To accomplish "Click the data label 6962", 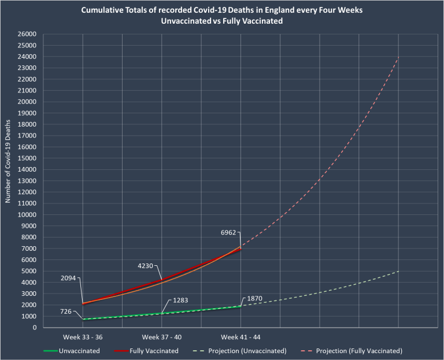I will (229, 232).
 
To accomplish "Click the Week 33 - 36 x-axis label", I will (83, 337).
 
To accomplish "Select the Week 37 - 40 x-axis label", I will (162, 337).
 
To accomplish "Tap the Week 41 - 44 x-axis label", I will (240, 337).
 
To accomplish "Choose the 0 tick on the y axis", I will (36, 328).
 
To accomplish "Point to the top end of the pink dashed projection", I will (399, 57).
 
